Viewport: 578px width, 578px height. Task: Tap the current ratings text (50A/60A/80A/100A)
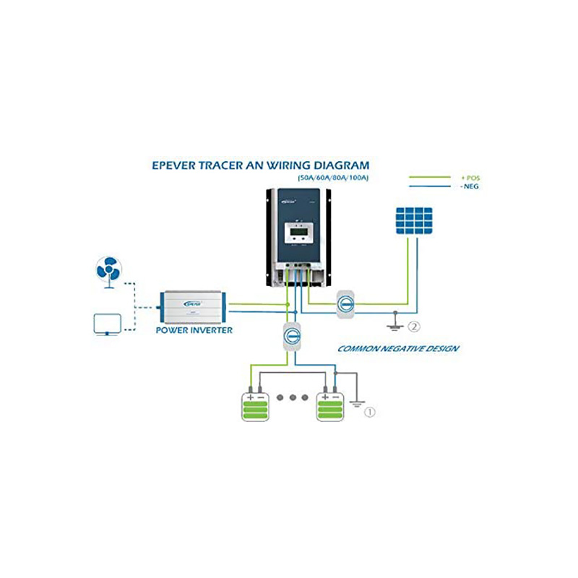[333, 178]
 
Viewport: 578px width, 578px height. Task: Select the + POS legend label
[470, 178]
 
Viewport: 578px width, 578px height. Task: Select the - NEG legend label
[469, 187]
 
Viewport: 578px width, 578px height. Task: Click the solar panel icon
[413, 220]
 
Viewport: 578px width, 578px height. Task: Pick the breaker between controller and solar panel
[345, 304]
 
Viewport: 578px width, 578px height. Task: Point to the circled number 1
[370, 413]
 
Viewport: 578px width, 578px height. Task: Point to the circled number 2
[413, 326]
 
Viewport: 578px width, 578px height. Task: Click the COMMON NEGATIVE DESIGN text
[399, 349]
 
